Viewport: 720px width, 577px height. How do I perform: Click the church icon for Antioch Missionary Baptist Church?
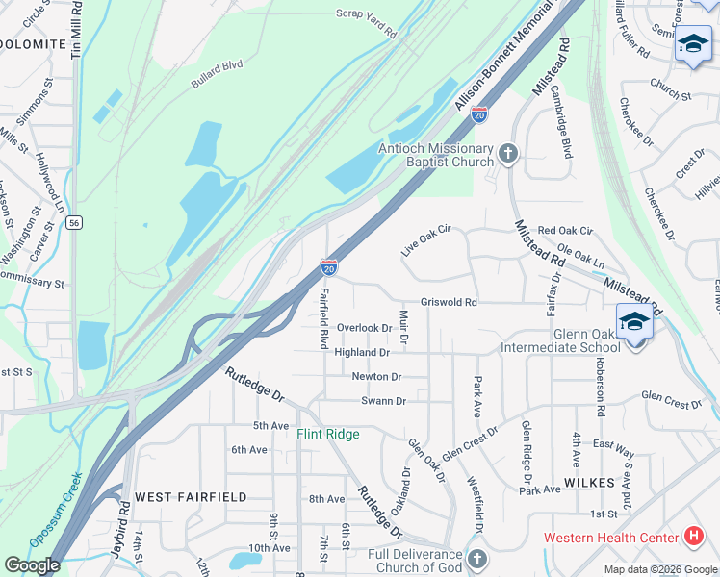pyautogui.click(x=508, y=153)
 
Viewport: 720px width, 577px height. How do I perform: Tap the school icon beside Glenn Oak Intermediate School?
pyautogui.click(x=634, y=321)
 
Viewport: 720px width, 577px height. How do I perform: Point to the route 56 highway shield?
pyautogui.click(x=74, y=222)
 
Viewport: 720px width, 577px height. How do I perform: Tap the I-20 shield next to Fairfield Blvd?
pyautogui.click(x=329, y=266)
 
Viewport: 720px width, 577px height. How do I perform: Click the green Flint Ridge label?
pyautogui.click(x=327, y=435)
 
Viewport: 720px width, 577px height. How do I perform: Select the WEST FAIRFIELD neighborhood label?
pyautogui.click(x=191, y=497)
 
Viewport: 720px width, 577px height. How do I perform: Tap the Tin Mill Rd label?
pyautogui.click(x=76, y=35)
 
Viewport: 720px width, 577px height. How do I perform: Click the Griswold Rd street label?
pyautogui.click(x=449, y=302)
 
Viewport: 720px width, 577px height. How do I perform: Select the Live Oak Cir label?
pyautogui.click(x=426, y=241)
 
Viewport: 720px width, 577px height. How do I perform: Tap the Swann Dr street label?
pyautogui.click(x=383, y=401)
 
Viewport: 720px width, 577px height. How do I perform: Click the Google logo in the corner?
pyautogui.click(x=32, y=565)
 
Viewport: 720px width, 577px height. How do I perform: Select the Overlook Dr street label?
pyautogui.click(x=364, y=328)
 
